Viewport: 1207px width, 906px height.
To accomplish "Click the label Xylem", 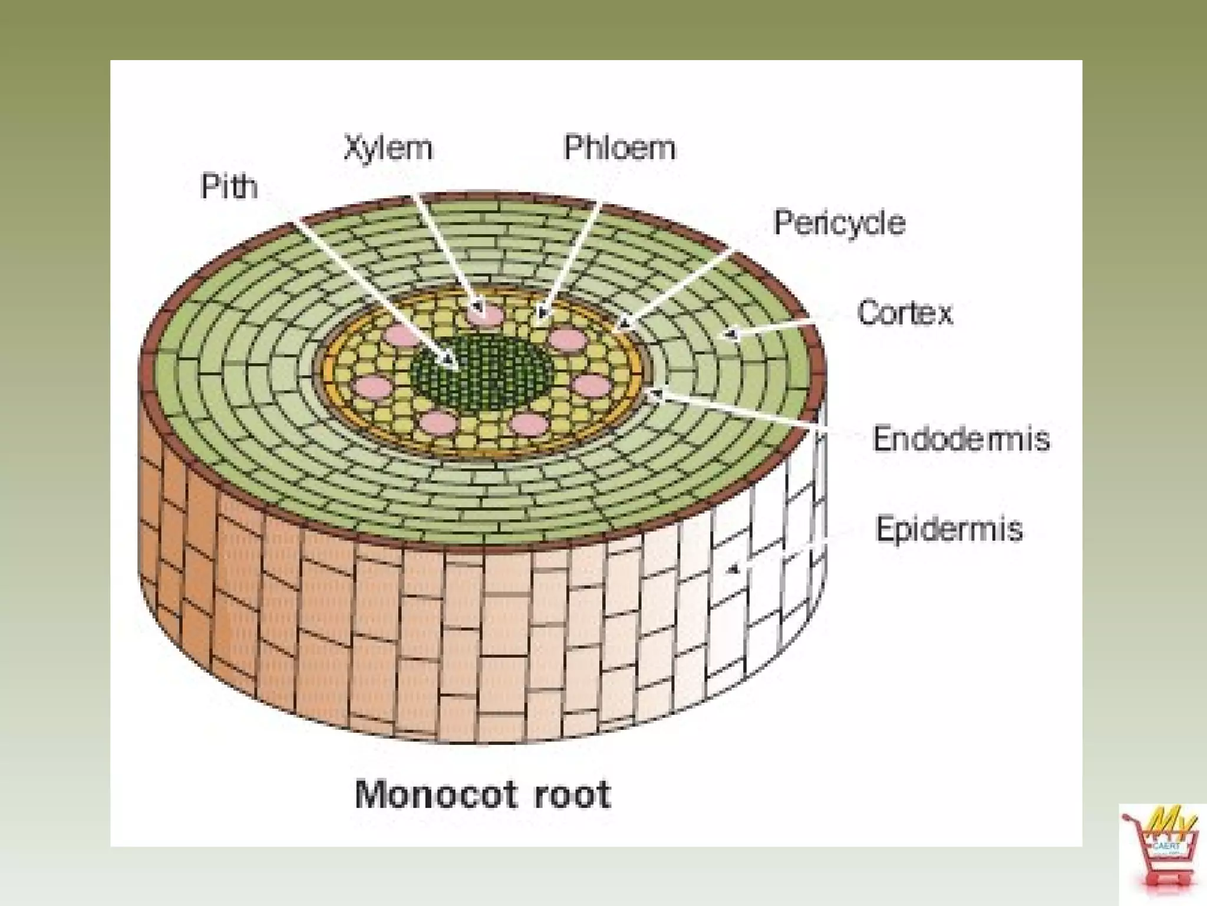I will [388, 148].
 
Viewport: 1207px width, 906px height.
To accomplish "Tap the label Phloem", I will [619, 147].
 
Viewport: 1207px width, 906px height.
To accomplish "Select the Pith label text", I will [229, 187].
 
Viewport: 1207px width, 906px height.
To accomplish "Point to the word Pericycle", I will [839, 223].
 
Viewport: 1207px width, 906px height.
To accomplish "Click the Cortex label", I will [904, 313].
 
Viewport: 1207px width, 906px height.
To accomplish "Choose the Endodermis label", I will [961, 439].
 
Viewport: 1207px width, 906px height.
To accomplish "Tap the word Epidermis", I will [949, 528].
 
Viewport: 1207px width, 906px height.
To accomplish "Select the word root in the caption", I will [572, 795].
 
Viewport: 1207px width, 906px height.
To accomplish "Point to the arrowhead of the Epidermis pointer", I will [733, 569].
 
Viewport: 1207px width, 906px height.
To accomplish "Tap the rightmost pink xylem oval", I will [592, 386].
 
